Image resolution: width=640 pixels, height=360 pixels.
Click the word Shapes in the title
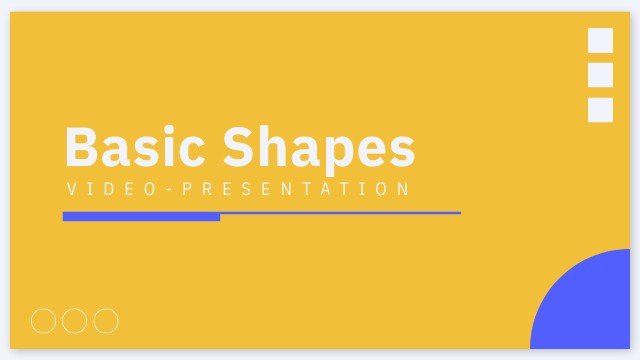pyautogui.click(x=318, y=148)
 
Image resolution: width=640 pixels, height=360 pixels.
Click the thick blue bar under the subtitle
pyautogui.click(x=141, y=216)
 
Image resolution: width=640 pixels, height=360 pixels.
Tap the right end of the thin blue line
pyautogui.click(x=458, y=213)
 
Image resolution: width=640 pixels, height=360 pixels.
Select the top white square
pyautogui.click(x=600, y=40)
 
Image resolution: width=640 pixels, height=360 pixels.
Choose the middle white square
pyautogui.click(x=600, y=75)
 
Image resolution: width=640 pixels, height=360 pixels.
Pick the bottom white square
pyautogui.click(x=600, y=110)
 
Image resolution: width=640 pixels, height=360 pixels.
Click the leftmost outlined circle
pyautogui.click(x=44, y=321)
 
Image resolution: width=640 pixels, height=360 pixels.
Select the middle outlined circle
pyautogui.click(x=75, y=321)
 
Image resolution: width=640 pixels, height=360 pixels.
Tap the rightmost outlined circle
pyautogui.click(x=106, y=321)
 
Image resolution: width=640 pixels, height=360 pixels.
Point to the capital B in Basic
pyautogui.click(x=82, y=148)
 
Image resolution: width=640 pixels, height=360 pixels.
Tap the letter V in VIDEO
pyautogui.click(x=71, y=189)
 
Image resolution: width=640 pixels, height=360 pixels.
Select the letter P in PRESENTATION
pyautogui.click(x=187, y=189)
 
